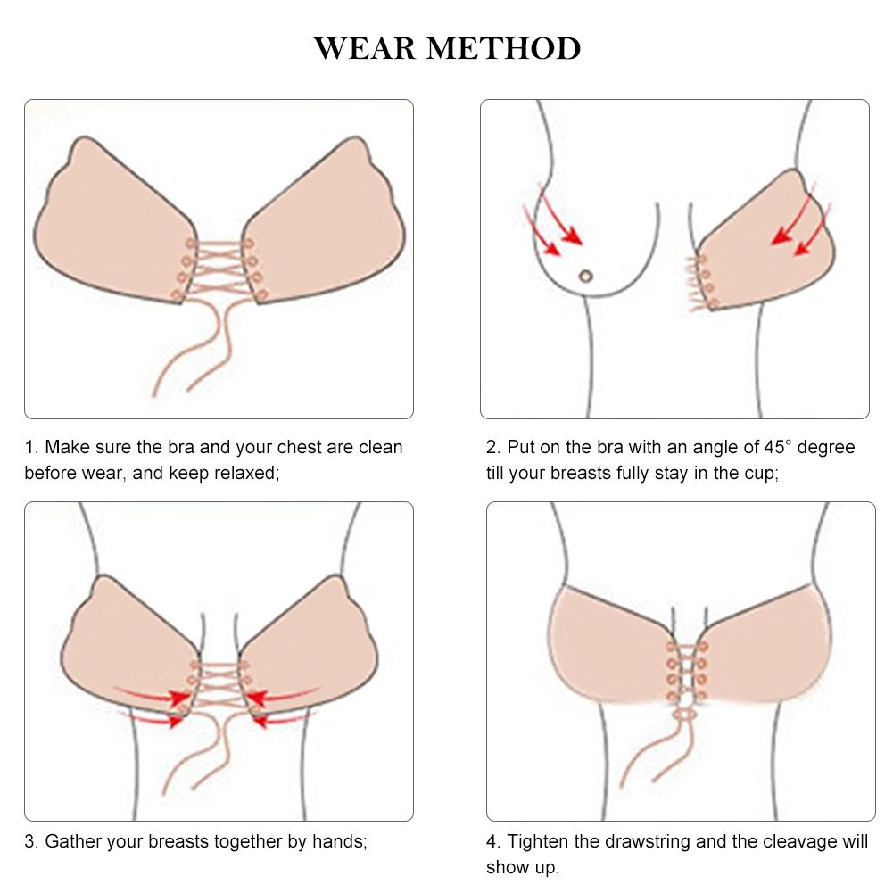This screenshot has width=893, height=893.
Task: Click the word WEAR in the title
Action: pyautogui.click(x=365, y=48)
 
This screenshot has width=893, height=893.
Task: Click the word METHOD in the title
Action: pyautogui.click(x=503, y=48)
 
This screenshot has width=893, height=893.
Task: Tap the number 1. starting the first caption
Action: pyautogui.click(x=31, y=447)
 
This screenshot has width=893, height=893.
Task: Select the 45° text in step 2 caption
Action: pyautogui.click(x=778, y=447)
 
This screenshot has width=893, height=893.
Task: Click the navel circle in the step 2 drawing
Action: pyautogui.click(x=585, y=277)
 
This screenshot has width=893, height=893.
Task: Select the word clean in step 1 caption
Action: pyautogui.click(x=380, y=447)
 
